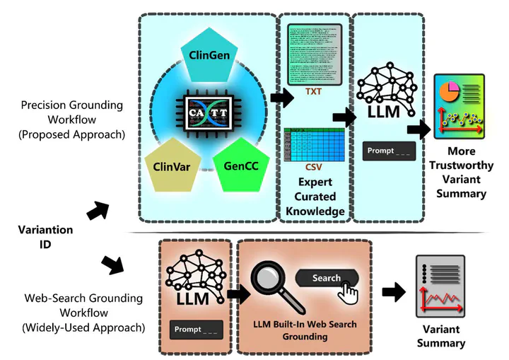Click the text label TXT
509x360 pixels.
pyautogui.click(x=313, y=92)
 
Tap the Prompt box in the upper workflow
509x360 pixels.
pyautogui.click(x=387, y=151)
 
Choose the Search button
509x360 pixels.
pyautogui.click(x=326, y=278)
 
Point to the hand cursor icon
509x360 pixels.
pyautogui.click(x=349, y=290)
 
